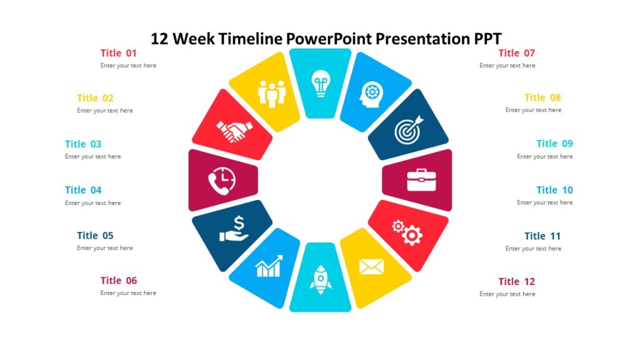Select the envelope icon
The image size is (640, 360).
click(371, 267)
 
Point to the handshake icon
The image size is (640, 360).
click(234, 131)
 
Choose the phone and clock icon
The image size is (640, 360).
click(222, 181)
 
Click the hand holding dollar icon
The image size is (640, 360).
click(234, 229)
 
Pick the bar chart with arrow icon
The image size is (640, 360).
click(269, 266)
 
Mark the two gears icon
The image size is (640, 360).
click(407, 232)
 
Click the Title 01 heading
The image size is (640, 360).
click(119, 53)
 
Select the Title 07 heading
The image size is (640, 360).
click(516, 53)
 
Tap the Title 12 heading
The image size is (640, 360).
click(516, 281)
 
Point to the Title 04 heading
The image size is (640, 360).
click(83, 190)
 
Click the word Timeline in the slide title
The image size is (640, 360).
click(251, 39)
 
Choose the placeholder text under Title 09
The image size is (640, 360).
click(544, 157)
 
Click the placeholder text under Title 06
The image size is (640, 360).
click(128, 293)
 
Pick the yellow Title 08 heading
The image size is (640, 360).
click(542, 97)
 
